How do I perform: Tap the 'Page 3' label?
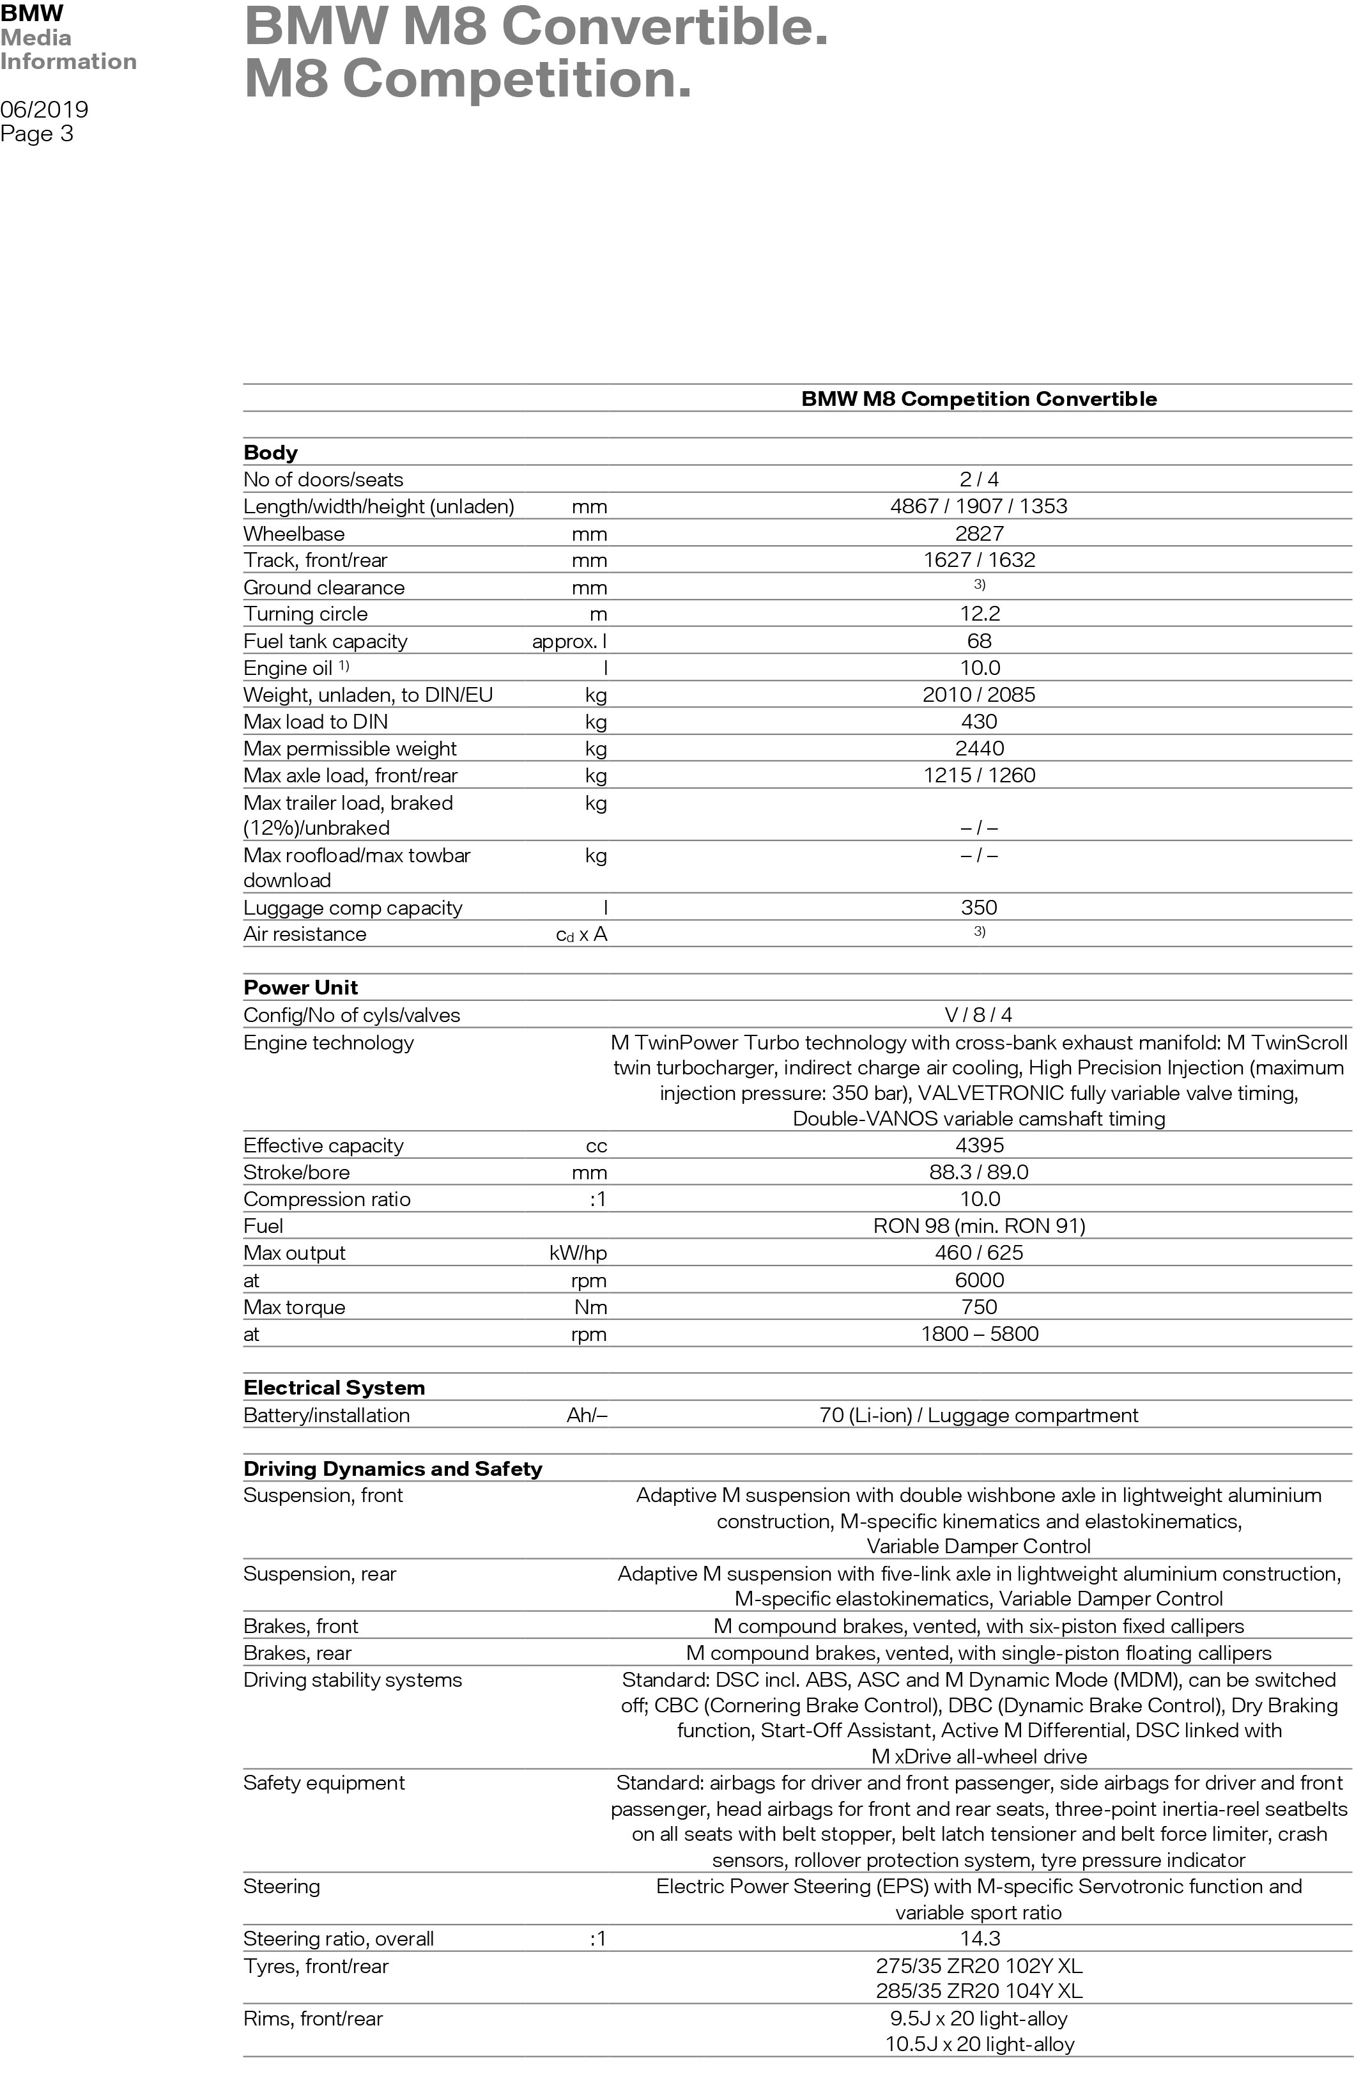click(x=37, y=134)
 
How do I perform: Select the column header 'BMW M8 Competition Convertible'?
click(x=978, y=399)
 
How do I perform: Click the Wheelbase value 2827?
click(x=978, y=534)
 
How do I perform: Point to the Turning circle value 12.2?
click(x=978, y=614)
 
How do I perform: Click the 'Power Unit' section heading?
click(x=300, y=988)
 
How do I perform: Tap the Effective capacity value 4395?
click(x=978, y=1145)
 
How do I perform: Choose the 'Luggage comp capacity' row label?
click(x=352, y=908)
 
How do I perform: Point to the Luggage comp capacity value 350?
click(x=978, y=908)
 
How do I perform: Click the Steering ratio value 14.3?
click(x=978, y=1939)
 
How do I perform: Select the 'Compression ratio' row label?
click(x=327, y=1200)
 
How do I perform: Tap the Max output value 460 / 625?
click(x=978, y=1253)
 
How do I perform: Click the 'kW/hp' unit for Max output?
click(x=578, y=1253)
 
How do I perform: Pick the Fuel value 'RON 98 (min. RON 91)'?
click(x=978, y=1226)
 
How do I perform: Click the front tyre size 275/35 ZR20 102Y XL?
click(x=978, y=1967)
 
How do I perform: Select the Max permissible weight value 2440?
click(x=978, y=749)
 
